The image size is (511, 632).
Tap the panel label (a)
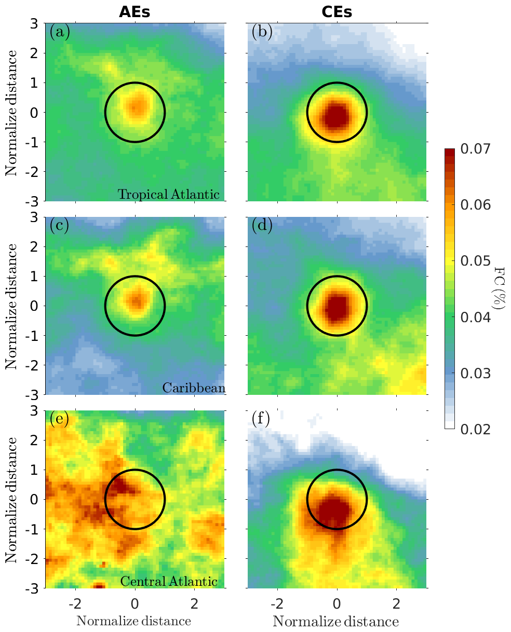pyautogui.click(x=59, y=33)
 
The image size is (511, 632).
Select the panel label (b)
pyautogui.click(x=261, y=33)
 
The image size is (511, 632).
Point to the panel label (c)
pyautogui.click(x=59, y=226)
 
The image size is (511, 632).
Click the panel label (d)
pyautogui.click(x=261, y=226)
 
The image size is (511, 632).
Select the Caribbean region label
pyautogui.click(x=191, y=388)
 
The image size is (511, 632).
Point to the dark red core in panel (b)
pyautogui.click(x=337, y=114)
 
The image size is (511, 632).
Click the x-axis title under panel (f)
pyautogui.click(x=336, y=621)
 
